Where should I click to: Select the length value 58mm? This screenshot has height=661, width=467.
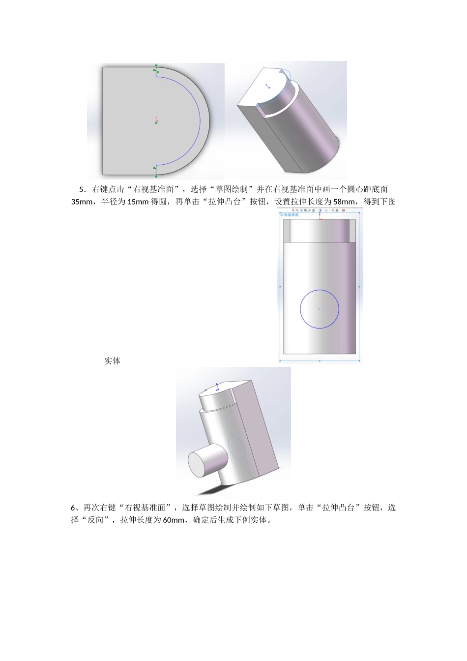[x=343, y=202]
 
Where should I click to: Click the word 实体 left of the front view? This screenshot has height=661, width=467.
[x=112, y=361]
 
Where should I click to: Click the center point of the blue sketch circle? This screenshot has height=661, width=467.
[x=320, y=309]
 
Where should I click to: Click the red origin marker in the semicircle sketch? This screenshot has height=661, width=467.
[x=156, y=120]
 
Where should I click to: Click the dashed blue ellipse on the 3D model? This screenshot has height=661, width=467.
[x=236, y=448]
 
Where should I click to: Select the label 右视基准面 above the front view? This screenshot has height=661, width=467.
[x=290, y=215]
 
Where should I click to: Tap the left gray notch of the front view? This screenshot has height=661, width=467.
[x=288, y=231]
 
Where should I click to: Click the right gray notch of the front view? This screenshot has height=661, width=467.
[x=352, y=231]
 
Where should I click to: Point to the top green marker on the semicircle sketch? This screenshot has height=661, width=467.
[x=156, y=65]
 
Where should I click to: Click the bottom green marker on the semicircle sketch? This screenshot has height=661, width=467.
[x=156, y=176]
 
